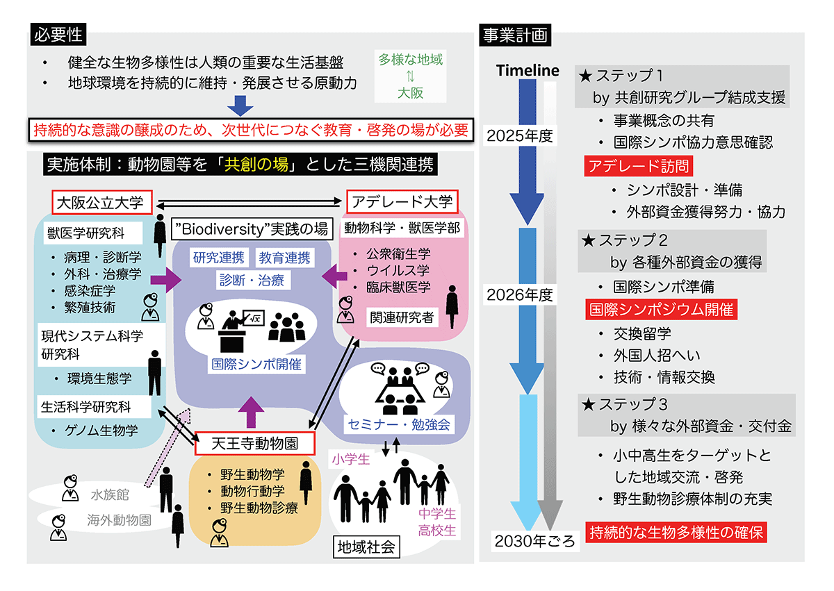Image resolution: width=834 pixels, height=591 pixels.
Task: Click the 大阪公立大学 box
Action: [100, 203]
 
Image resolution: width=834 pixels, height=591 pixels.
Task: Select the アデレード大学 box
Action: [402, 203]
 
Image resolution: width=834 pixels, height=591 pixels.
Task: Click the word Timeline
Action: [528, 70]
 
